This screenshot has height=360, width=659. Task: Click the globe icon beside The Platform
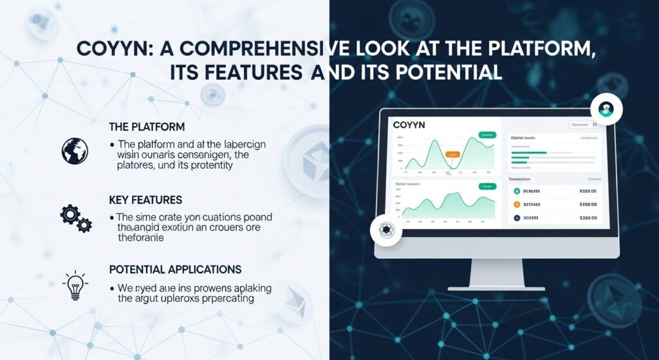point(74,150)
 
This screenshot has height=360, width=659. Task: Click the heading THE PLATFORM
point(147,127)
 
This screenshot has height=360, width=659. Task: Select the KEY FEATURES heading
point(145,200)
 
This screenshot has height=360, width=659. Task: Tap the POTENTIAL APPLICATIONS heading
point(176,269)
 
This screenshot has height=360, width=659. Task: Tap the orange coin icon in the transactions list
point(516,204)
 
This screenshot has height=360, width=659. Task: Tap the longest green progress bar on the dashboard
point(528,153)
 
